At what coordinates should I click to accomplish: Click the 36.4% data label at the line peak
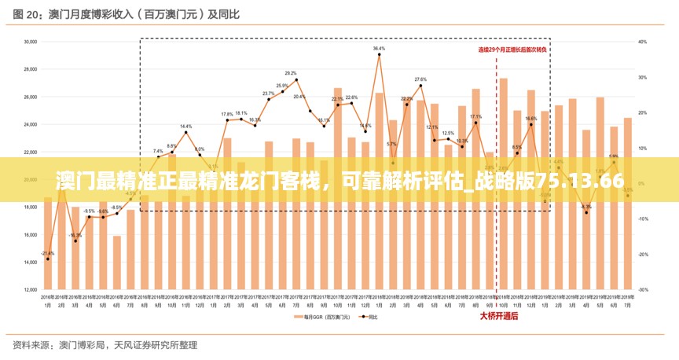tap(379, 49)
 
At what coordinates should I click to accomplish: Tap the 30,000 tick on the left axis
tap(31, 42)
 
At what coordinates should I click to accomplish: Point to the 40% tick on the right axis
tap(642, 42)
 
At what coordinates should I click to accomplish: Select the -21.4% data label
tap(47, 253)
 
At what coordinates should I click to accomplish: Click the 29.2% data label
tap(291, 73)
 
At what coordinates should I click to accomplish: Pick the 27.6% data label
tap(420, 79)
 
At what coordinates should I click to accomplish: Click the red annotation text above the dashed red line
tap(513, 49)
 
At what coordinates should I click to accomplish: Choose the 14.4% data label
tap(185, 127)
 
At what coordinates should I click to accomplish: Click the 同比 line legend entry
tap(369, 318)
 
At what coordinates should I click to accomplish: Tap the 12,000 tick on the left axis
tap(31, 290)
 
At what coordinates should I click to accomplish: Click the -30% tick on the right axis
tap(642, 290)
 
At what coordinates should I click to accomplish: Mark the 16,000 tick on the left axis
tap(31, 235)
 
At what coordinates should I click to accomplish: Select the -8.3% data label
tap(585, 207)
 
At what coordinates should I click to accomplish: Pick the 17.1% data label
tap(475, 116)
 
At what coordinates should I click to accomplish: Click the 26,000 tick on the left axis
tap(31, 97)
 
